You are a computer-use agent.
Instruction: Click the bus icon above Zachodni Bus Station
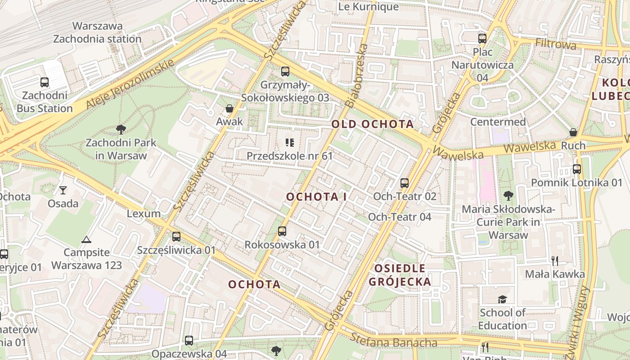click(44, 82)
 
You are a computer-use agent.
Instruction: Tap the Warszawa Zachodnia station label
click(97, 32)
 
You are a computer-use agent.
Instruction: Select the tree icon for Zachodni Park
click(121, 130)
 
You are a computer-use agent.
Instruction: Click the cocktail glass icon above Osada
click(63, 190)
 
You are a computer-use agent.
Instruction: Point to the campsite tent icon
click(86, 239)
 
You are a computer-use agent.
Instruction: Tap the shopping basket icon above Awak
click(229, 108)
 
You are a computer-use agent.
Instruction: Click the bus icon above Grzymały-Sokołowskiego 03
click(285, 71)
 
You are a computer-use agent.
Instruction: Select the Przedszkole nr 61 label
click(289, 156)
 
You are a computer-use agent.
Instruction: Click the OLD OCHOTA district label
click(373, 124)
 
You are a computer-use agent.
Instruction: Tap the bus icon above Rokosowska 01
click(282, 231)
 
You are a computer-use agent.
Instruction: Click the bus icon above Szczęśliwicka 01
click(176, 237)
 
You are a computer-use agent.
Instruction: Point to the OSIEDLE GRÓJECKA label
click(400, 275)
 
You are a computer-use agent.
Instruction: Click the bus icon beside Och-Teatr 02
click(405, 183)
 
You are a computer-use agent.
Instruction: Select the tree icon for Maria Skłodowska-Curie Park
click(508, 196)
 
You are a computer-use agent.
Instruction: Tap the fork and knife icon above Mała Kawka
click(555, 261)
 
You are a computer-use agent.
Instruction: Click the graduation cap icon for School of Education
click(502, 300)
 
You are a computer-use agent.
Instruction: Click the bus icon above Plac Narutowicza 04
click(482, 39)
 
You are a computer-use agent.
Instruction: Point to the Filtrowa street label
click(555, 44)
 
